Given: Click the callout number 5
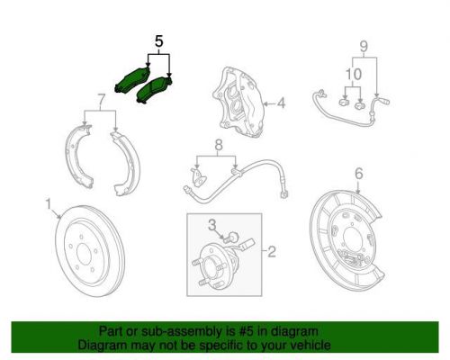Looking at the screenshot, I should coord(159,40).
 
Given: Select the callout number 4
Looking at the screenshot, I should coord(281,103).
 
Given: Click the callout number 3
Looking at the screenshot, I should coord(212,222).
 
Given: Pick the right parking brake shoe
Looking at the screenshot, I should coord(123,162).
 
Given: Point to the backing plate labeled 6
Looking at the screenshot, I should coord(346,235).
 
